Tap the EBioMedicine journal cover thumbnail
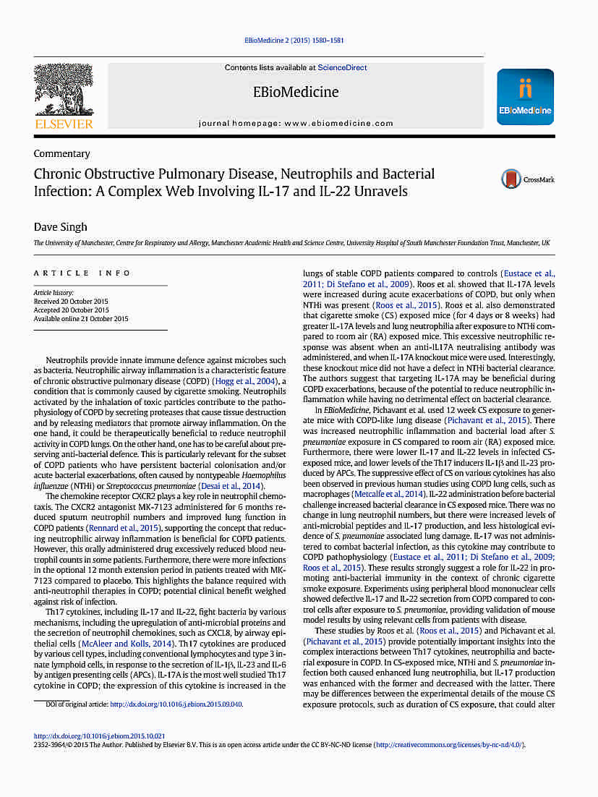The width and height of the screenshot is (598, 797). coord(525,97)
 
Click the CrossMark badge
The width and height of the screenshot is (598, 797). coord(528,179)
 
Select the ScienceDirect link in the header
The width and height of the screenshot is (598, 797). coord(342,68)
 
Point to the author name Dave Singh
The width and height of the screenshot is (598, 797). coord(61,227)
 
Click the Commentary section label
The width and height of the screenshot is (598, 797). coord(62,153)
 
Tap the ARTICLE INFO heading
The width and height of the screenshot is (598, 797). coord(82,273)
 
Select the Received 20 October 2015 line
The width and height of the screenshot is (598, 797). coord(70,302)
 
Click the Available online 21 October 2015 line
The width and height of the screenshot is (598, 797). coord(81,319)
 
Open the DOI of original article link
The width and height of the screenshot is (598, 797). coord(176,704)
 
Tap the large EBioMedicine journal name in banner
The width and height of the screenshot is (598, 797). coord(295,93)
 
